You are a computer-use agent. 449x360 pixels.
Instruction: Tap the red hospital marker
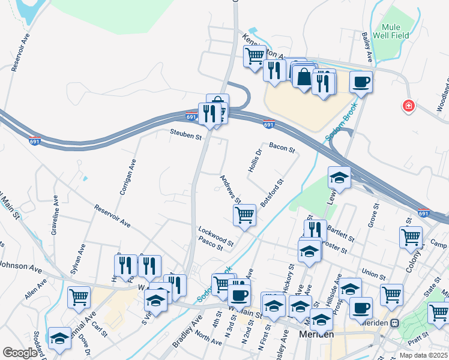click(x=409, y=106)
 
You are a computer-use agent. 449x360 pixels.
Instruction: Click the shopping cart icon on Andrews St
click(x=244, y=214)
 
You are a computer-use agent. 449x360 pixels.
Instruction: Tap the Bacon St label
click(x=282, y=146)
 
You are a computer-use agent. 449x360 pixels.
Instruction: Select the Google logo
click(x=20, y=353)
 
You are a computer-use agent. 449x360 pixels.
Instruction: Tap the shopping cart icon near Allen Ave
click(x=79, y=296)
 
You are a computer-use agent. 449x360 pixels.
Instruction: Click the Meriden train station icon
click(x=395, y=323)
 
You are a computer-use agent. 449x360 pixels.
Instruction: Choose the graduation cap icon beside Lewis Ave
click(x=339, y=177)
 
